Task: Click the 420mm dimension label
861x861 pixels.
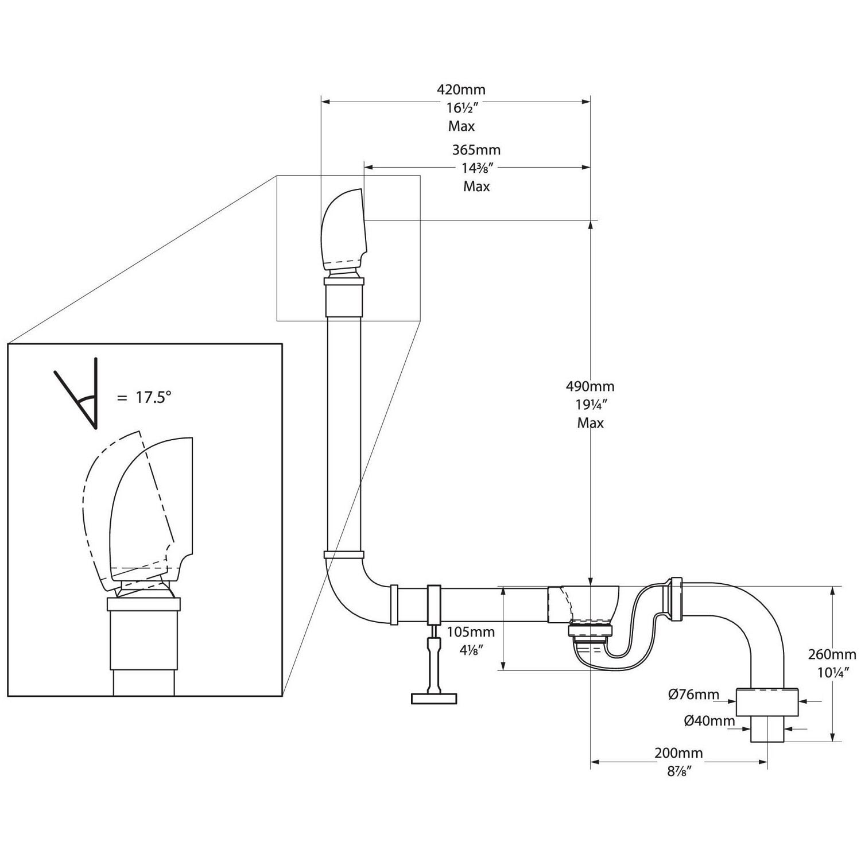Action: [461, 90]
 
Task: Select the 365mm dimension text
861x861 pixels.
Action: [476, 150]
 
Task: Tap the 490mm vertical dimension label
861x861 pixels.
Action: [590, 386]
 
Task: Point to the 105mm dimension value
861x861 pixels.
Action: [471, 632]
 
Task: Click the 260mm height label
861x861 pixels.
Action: [832, 654]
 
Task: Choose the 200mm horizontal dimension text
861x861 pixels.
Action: [678, 753]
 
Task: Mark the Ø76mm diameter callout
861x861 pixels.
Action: [693, 695]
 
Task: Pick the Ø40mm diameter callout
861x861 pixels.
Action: [709, 721]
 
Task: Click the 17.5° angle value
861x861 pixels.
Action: [152, 397]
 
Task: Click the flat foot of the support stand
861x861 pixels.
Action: [434, 698]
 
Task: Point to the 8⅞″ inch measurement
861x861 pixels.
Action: [678, 771]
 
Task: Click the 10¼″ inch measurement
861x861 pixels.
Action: [832, 672]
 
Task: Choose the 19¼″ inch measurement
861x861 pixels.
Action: [590, 404]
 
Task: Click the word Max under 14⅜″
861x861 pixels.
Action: [476, 187]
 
